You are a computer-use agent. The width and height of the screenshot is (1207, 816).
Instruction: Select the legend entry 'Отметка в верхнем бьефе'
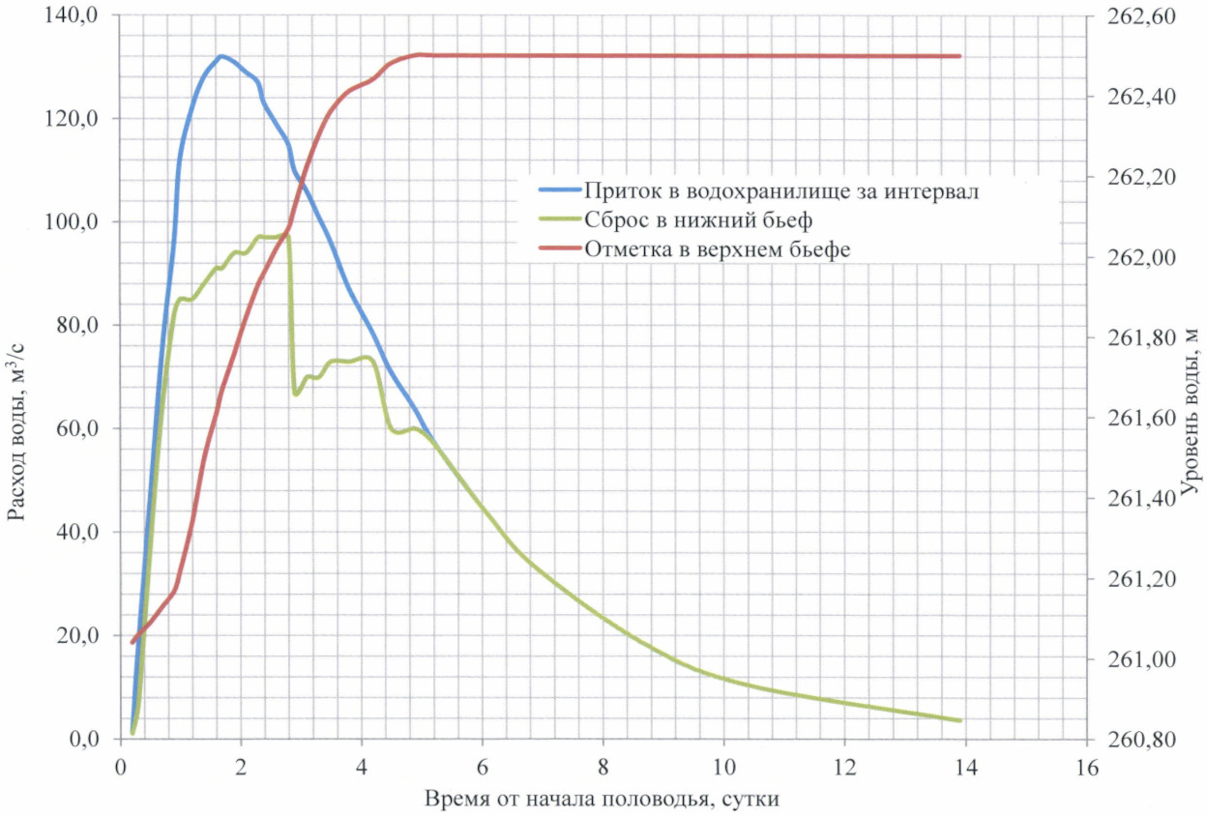717,248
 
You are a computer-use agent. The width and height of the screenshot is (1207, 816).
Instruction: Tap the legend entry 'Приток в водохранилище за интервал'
782,191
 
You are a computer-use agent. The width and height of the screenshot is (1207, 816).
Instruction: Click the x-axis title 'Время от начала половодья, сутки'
602,800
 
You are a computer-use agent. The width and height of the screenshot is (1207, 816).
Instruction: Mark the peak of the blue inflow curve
221,56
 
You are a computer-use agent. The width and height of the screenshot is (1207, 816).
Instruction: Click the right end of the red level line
959,56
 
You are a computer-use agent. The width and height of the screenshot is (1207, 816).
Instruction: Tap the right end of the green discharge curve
959,720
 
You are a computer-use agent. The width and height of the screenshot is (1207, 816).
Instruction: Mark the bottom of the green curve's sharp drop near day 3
296,393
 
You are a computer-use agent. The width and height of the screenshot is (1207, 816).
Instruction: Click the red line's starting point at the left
132,641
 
